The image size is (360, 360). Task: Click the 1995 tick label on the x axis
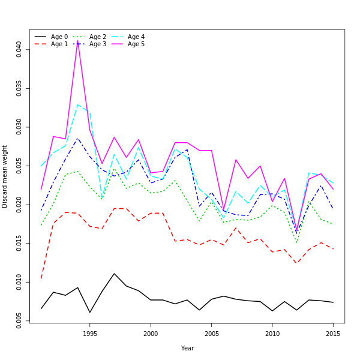tap(90, 334)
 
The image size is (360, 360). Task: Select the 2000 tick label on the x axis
tap(151, 334)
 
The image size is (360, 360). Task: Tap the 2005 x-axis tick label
tap(211, 334)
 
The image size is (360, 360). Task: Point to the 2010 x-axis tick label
tap(272, 334)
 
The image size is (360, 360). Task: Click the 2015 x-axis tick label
tap(333, 334)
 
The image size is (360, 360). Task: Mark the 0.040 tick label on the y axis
tap(19, 49)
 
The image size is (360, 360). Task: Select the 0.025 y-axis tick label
tap(19, 166)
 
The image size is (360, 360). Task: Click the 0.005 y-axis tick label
tap(19, 320)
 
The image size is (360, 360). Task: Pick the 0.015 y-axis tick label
tap(19, 243)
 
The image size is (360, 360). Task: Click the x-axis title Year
tap(187, 348)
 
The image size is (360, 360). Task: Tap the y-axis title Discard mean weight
tap(5, 176)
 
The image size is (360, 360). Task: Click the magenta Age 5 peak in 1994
tap(78, 41)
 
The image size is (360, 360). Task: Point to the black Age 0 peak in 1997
tap(114, 274)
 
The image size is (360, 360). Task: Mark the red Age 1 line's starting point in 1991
tap(41, 278)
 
